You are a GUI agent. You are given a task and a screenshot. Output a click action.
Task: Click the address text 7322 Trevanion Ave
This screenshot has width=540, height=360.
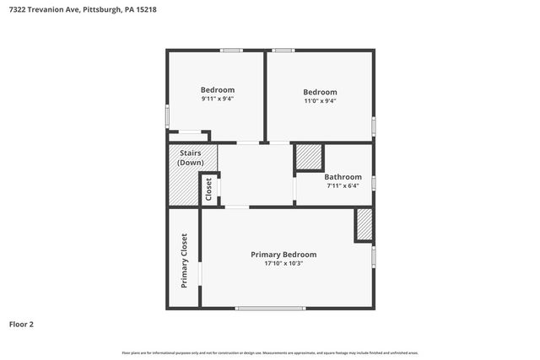point(42,10)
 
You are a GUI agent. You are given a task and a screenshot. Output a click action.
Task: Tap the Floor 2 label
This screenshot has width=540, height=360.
point(22,324)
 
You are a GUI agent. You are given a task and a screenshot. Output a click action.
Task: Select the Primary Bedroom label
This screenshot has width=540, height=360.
point(283,254)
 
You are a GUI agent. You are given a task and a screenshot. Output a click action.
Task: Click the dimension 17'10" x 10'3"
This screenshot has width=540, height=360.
point(283,263)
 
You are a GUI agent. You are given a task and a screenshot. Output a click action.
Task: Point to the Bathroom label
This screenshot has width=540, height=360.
point(343,177)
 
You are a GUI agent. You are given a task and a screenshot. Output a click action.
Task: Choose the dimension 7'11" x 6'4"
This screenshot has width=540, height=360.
point(343,186)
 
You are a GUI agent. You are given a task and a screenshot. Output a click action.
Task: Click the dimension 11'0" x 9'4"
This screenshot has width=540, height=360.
point(320,101)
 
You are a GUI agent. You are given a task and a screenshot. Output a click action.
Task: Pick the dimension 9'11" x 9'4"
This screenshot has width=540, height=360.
point(217,99)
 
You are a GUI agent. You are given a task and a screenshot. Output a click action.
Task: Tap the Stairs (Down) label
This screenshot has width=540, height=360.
point(191,158)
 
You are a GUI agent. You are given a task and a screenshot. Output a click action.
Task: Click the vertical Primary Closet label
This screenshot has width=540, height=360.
point(184,261)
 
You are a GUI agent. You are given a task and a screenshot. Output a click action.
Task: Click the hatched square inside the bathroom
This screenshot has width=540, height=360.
point(309,158)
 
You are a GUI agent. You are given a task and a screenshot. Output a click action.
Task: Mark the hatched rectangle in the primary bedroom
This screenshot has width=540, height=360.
point(364,224)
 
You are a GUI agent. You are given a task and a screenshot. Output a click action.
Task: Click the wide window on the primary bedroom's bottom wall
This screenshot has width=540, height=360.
point(269,309)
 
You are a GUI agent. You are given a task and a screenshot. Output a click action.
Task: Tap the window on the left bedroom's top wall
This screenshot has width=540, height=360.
point(232,51)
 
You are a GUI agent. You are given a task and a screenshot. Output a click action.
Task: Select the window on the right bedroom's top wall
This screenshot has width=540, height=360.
point(283,51)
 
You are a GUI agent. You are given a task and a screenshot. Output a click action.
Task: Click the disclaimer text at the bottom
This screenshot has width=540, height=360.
point(269,352)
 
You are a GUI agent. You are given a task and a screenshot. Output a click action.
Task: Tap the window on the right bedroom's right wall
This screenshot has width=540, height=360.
point(374,125)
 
